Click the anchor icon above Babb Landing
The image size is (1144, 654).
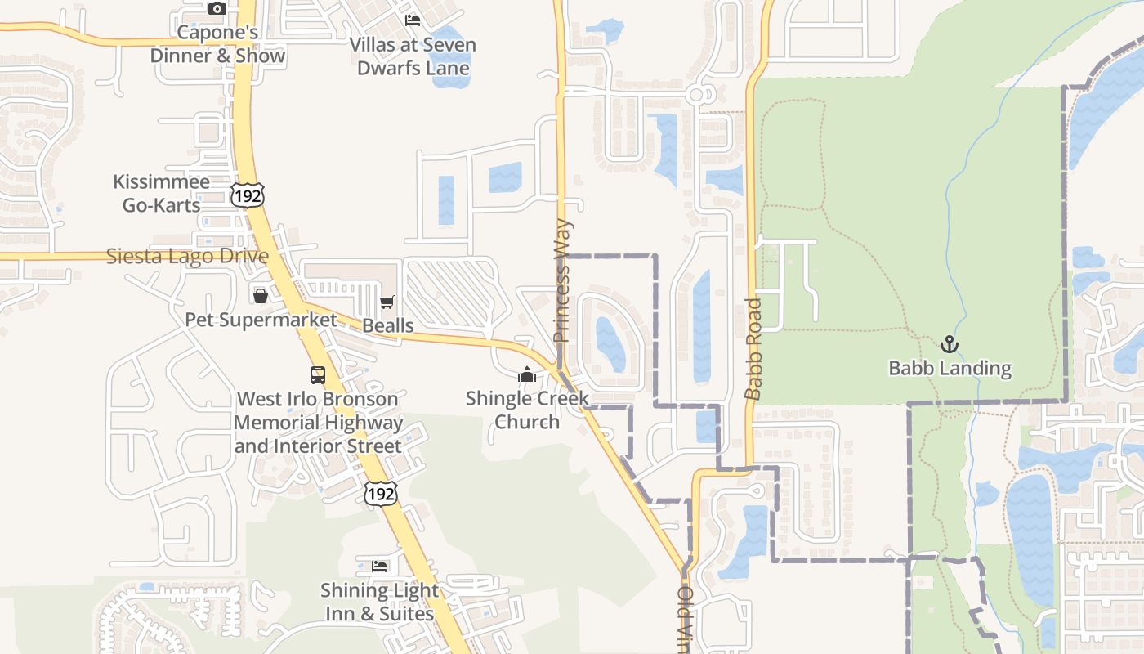[x=949, y=344]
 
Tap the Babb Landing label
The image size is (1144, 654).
[x=950, y=369]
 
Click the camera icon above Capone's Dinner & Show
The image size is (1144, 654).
[x=217, y=9]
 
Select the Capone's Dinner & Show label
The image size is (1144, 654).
[x=217, y=44]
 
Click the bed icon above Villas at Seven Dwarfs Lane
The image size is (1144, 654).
[x=413, y=20]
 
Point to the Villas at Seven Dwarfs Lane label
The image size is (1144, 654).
[x=413, y=56]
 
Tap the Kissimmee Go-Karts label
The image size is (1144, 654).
[x=161, y=194]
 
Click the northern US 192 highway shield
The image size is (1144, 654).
[x=247, y=195]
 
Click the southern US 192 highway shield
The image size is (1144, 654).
[x=381, y=493]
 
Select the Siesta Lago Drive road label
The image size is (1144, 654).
[x=187, y=257]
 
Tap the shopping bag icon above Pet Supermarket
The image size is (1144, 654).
[x=260, y=295]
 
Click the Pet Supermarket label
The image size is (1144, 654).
[x=261, y=320]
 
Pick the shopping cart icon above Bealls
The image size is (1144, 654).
[x=387, y=302]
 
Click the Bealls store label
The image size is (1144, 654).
[x=387, y=326]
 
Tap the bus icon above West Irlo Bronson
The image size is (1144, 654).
[x=318, y=375]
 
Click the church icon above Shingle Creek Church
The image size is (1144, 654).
[x=527, y=374]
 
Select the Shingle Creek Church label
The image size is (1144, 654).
[x=527, y=410]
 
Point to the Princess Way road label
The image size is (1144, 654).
[x=562, y=280]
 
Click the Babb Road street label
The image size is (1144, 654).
[x=753, y=349]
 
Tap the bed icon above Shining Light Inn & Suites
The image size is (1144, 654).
[x=379, y=566]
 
